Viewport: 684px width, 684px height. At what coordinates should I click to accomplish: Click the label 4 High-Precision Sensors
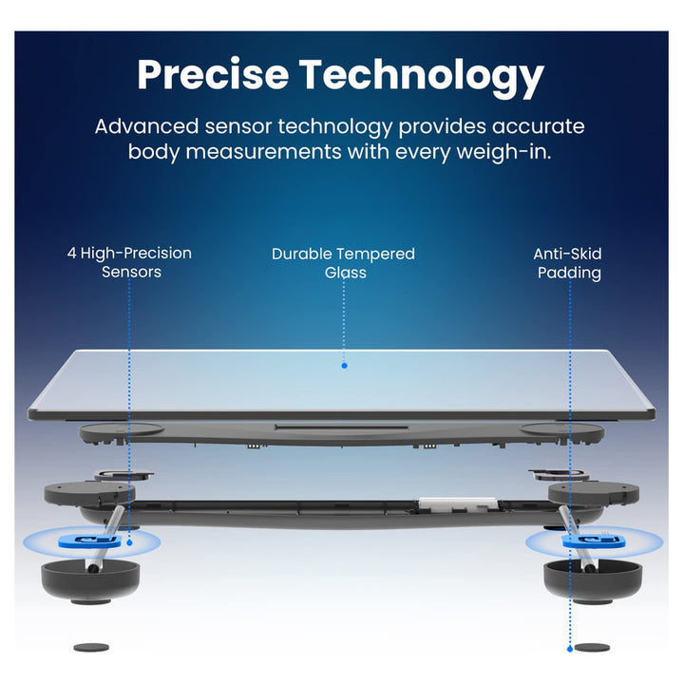[x=130, y=262]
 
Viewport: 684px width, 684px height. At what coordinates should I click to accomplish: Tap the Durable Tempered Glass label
[x=343, y=262]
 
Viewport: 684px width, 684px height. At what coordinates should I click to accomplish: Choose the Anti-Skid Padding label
[x=568, y=262]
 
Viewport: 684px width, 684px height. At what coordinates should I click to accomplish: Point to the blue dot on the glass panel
[x=344, y=365]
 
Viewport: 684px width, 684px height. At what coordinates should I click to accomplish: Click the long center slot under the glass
[x=342, y=427]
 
